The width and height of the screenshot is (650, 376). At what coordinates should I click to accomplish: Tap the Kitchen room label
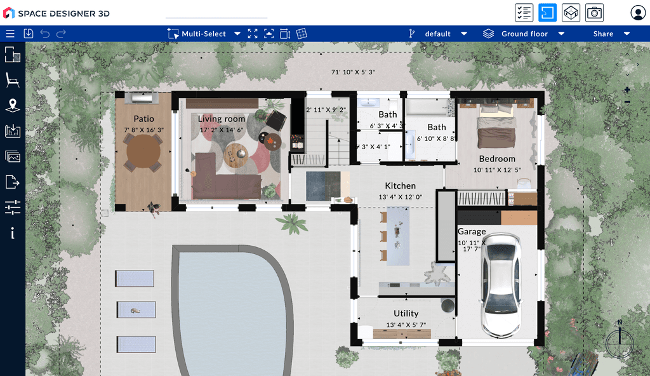coord(401,186)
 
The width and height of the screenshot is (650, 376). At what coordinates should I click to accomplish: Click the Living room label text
coord(222,119)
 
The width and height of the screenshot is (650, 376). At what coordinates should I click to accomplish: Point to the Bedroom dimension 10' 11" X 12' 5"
coord(497,170)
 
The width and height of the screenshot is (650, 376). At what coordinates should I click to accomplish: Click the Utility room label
coord(406,313)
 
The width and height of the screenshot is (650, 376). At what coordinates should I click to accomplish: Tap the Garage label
coord(472,232)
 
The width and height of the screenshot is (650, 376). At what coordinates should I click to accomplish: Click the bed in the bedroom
coord(497,127)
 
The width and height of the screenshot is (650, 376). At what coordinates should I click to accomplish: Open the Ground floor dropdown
coord(524,34)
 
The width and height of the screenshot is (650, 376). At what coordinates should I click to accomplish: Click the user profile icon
coord(637,13)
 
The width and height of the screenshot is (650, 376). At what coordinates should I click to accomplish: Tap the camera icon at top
coord(594,13)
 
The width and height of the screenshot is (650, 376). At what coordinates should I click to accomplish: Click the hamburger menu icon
coord(10,34)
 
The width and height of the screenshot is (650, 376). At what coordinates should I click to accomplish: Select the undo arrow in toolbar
coord(45,34)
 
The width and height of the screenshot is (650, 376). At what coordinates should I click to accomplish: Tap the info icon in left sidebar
coord(12,233)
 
